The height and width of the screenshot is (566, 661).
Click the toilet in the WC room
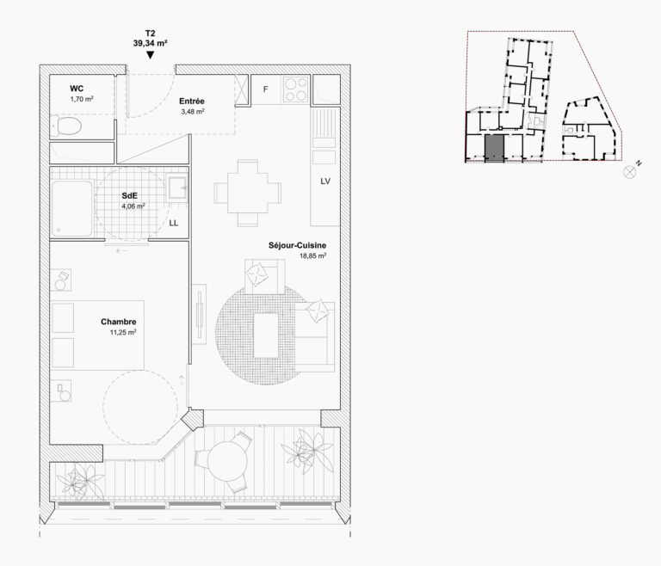67,128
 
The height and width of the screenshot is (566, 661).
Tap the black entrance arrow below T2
151,56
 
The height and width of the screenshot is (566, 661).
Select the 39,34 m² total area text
151,41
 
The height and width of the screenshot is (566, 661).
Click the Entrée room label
191,102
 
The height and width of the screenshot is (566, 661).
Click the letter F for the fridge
265,89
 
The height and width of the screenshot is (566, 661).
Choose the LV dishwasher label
324,181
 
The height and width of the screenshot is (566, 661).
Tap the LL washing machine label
174,223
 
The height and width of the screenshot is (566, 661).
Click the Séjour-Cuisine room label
297,245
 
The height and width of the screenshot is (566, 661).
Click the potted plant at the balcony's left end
85,480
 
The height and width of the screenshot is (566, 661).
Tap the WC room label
77,89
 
